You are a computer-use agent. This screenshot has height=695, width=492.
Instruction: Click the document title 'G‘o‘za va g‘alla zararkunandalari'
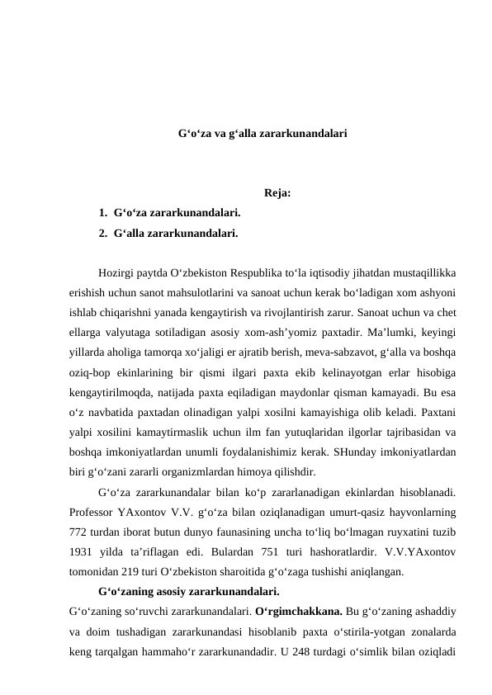pos(263,132)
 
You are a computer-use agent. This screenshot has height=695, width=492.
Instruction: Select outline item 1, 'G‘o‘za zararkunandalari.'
pos(177,213)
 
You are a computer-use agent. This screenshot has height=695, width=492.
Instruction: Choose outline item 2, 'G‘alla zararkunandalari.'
pos(177,234)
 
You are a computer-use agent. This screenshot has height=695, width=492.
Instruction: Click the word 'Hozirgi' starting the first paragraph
pos(116,272)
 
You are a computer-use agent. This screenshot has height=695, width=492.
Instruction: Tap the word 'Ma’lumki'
pos(391,333)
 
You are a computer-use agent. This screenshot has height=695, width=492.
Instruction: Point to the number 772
pos(79,533)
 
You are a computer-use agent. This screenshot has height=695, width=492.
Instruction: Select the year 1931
pos(82,553)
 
